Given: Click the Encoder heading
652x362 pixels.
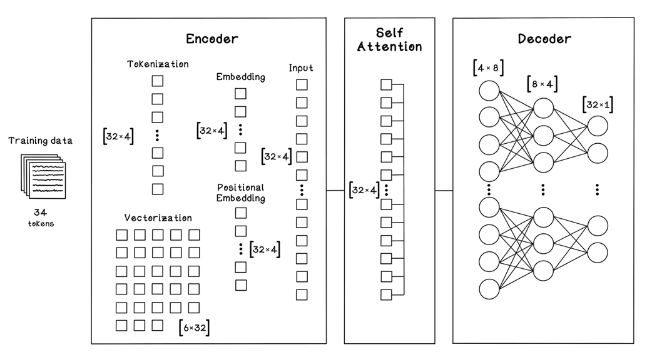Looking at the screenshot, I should pos(212,39).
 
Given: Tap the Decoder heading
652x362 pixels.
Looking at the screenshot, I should pos(544,39).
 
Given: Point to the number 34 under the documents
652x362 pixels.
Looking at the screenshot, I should pos(41,212).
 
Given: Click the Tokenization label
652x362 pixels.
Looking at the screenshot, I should pos(158,64).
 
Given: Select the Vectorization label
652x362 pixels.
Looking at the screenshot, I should pos(158,218).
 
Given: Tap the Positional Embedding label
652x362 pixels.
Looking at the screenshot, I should pos(241,193).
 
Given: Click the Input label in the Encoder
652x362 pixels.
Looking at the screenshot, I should pos(301,68).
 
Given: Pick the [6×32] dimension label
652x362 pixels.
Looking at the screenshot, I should pos(193,327).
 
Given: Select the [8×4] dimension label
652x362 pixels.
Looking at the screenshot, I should pos(543,84).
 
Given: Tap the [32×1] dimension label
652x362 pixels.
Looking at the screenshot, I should pos(597,105).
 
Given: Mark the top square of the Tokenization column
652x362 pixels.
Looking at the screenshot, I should pos(158,81).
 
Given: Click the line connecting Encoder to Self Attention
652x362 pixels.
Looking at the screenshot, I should pos(335,189).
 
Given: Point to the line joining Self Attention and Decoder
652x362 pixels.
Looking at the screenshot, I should pos(444,189).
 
